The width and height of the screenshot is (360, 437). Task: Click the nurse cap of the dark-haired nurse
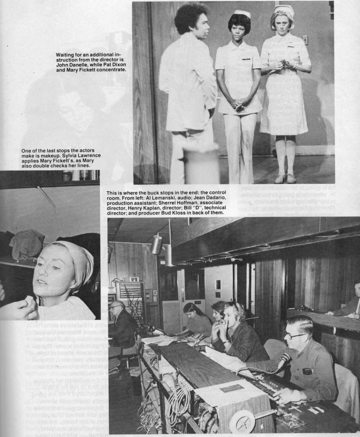click(x=243, y=14)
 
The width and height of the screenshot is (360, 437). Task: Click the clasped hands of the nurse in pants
click(x=238, y=105)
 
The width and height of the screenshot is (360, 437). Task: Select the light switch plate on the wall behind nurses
click(x=305, y=40)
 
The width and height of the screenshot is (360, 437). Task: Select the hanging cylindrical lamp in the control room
click(x=157, y=244)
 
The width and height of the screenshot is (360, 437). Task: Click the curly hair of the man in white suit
click(x=191, y=17)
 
